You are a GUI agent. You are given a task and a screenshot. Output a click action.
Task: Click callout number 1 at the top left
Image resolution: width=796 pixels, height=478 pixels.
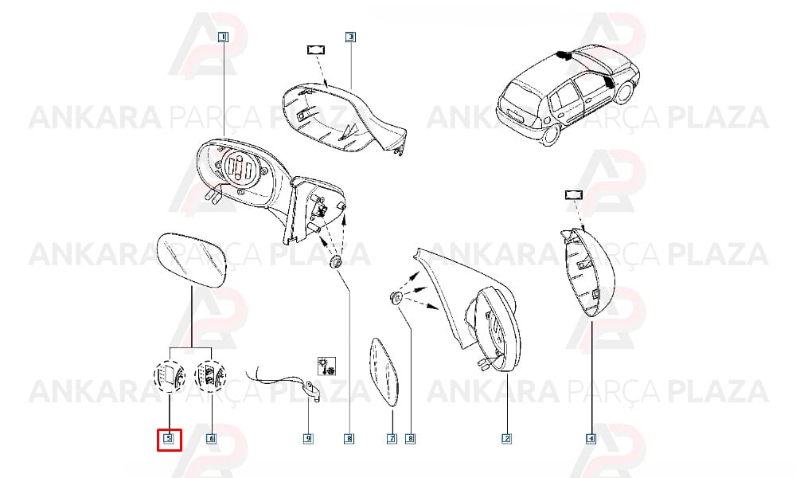224,37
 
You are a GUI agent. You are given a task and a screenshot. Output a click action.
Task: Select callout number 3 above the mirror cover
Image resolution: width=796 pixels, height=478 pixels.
350,37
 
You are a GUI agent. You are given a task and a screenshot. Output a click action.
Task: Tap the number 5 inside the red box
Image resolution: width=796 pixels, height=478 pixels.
169,438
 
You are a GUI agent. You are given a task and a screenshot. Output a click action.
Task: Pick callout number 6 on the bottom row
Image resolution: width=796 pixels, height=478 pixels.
211,438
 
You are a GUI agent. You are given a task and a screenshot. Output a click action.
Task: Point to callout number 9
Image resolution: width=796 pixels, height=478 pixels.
307,438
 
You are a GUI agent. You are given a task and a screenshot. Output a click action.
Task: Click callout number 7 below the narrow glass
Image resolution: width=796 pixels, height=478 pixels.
392,438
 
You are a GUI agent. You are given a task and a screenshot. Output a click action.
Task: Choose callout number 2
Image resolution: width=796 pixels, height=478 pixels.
506,438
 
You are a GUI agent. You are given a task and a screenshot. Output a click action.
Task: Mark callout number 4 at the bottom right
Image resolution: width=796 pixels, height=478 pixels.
591,438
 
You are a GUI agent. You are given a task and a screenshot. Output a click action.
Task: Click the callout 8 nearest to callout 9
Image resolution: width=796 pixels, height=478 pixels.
349,438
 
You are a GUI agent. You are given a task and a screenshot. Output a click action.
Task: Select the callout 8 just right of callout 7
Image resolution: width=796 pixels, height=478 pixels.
410,438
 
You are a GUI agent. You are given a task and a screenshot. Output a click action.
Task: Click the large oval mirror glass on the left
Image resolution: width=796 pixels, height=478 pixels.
192,260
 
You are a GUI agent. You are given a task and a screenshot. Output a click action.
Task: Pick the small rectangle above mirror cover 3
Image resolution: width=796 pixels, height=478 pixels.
316,49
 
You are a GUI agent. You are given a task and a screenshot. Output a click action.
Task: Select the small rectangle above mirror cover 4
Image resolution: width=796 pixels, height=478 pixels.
574,194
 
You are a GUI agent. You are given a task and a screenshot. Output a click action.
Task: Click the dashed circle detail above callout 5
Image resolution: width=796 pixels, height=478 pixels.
169,376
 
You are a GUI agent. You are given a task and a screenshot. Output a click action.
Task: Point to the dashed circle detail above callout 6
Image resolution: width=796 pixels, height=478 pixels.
211,376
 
